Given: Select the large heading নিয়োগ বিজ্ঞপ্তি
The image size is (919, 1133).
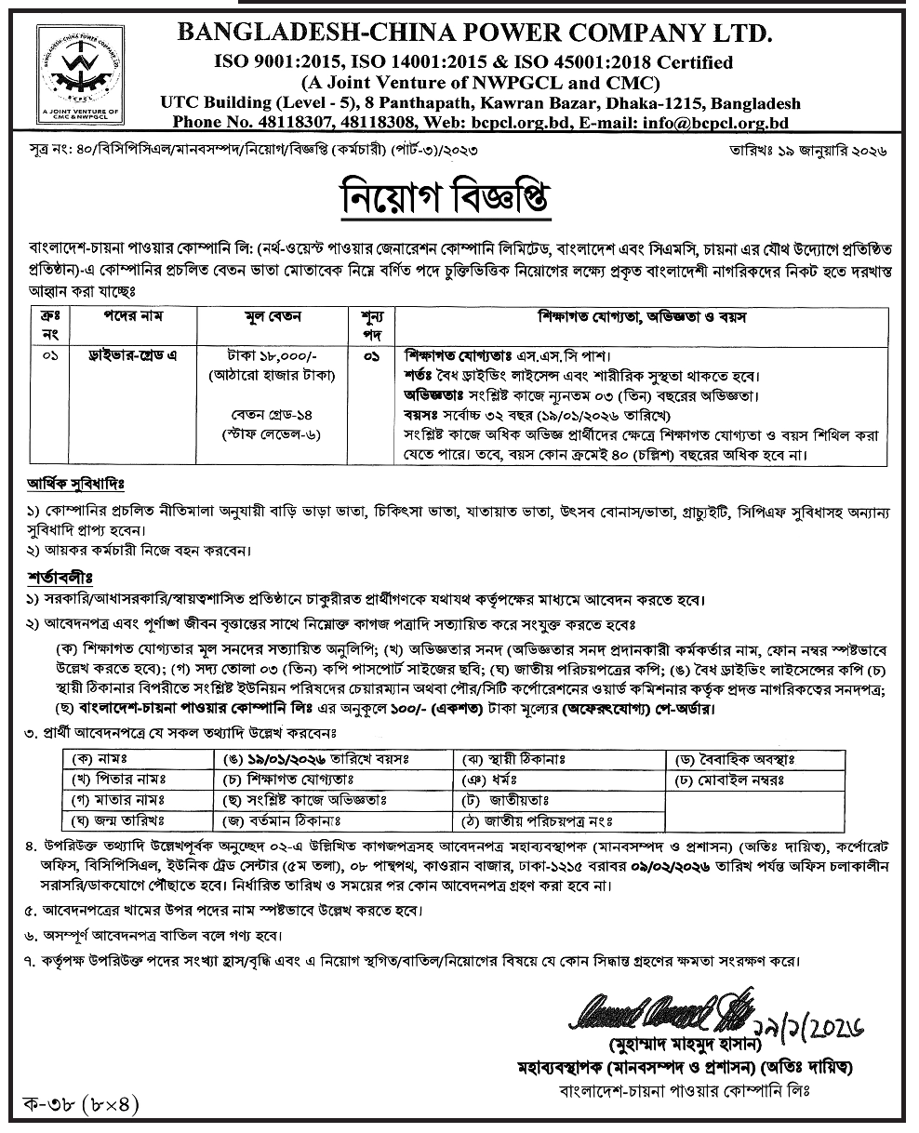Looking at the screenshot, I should tap(459, 197).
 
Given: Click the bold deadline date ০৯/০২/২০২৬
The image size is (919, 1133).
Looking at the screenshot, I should tap(666, 866).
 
